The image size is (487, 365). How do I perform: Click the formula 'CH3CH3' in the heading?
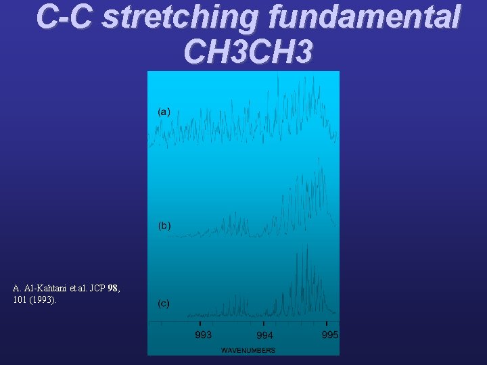coord(248,51)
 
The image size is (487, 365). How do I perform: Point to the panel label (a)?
coord(164,111)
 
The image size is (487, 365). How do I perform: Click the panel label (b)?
coord(164,225)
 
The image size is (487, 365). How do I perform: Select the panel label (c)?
coord(164,303)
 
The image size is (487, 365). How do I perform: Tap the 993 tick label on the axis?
coord(204,335)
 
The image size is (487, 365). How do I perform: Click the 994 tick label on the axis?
coord(264,335)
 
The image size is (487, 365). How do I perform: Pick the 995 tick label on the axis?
coord(329,335)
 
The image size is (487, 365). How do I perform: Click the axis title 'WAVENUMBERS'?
coord(248,350)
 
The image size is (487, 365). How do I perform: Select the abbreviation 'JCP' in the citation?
coord(97,289)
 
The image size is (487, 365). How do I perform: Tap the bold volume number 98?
coord(113,289)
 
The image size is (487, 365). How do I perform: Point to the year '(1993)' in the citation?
coord(42,299)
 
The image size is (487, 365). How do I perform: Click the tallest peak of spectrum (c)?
coord(306,247)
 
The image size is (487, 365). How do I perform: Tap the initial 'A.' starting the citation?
coord(18,289)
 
